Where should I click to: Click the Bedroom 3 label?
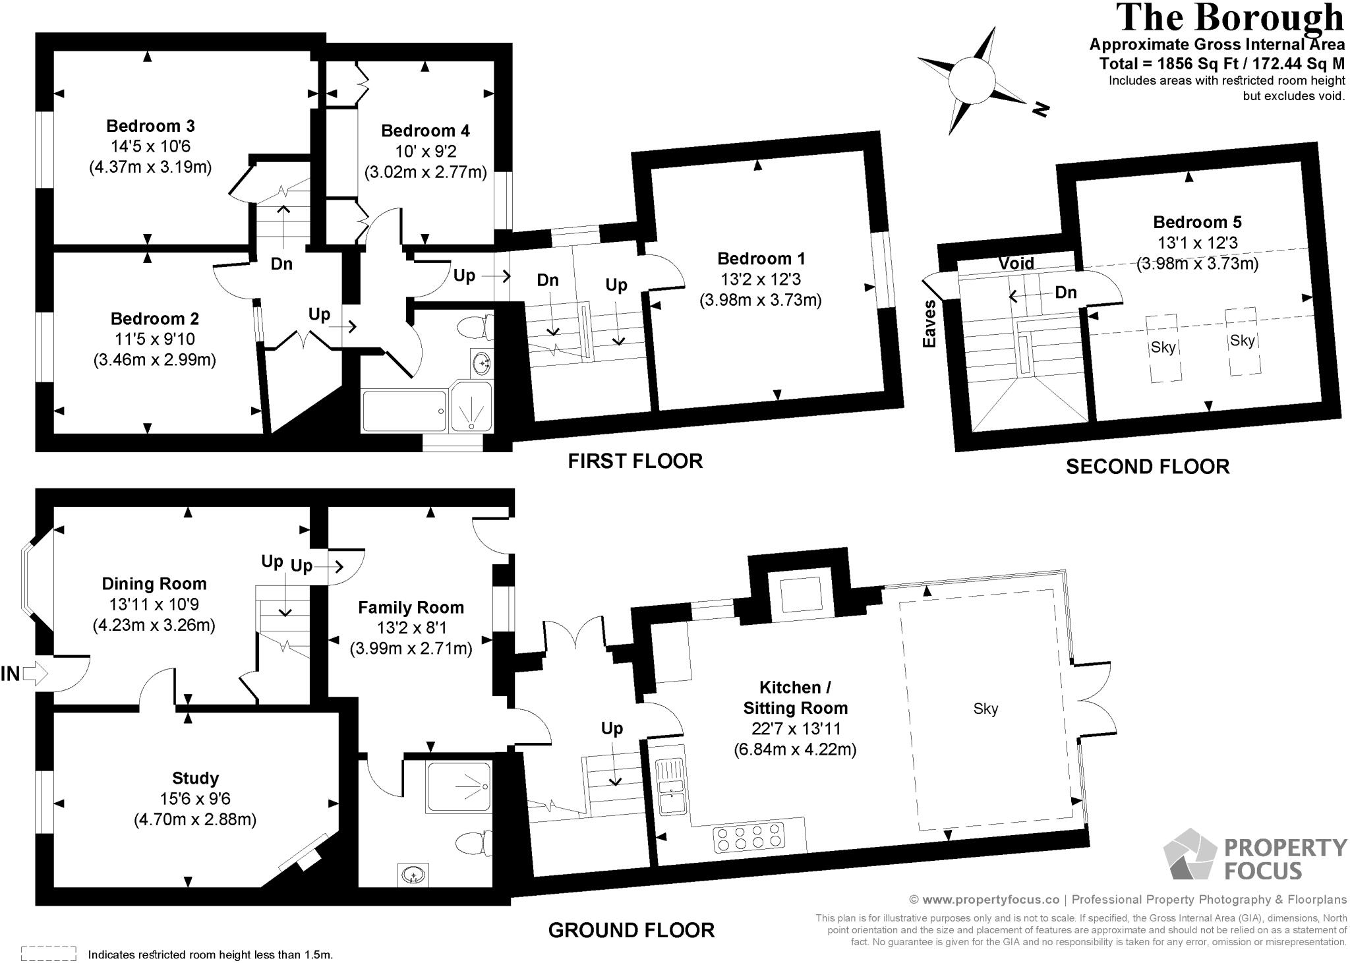pos(150,125)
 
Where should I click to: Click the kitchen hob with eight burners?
pos(749,837)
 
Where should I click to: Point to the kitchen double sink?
pos(671,785)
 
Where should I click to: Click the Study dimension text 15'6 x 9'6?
pos(195,799)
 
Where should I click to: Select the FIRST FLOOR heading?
pos(635,461)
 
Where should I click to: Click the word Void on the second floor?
pos(1016,264)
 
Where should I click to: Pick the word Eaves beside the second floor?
pos(930,324)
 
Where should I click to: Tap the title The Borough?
pos(1230,18)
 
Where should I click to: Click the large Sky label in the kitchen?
pos(985,709)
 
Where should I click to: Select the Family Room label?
pos(411,607)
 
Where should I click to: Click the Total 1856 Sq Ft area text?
pos(1221,64)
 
